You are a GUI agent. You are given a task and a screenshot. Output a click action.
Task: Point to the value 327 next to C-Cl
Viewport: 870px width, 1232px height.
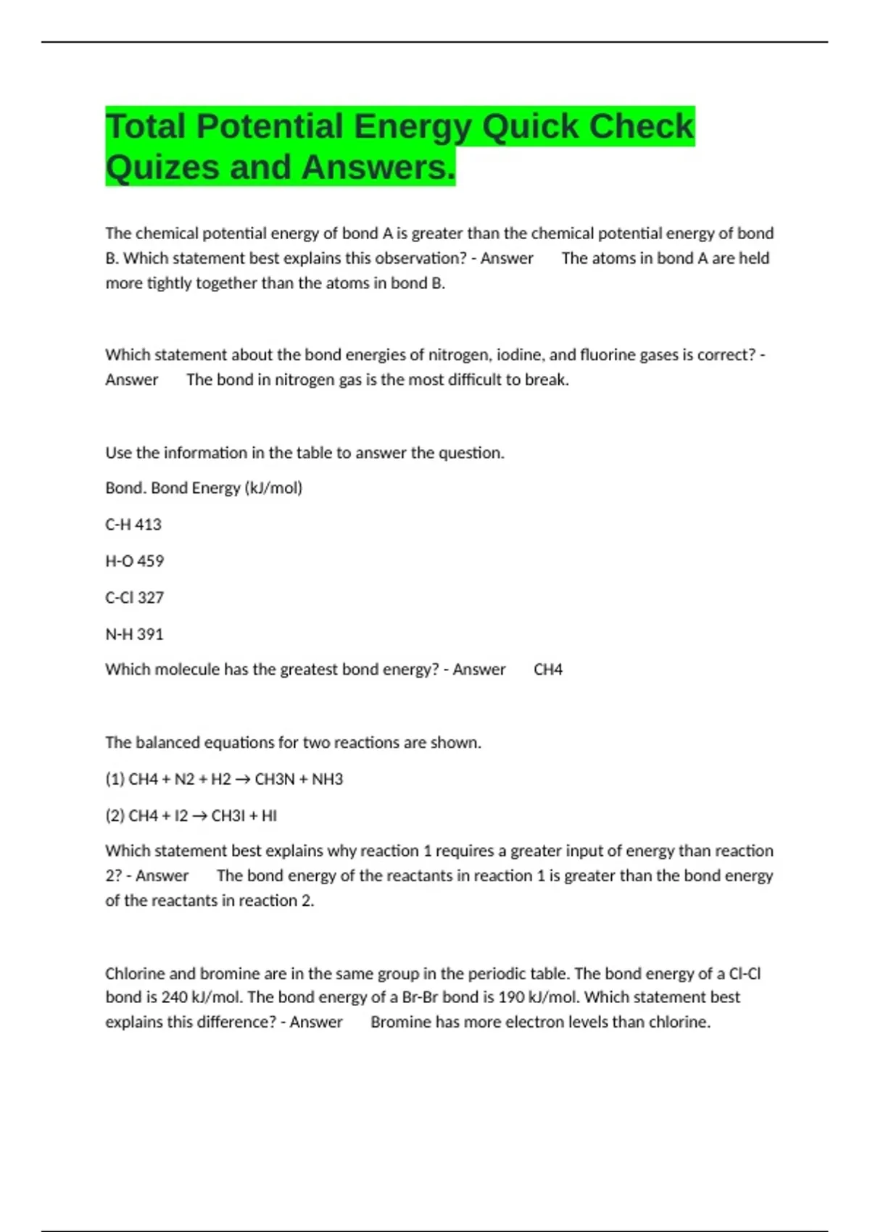coord(150,598)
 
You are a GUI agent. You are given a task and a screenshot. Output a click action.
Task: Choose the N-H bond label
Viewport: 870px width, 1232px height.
coord(119,634)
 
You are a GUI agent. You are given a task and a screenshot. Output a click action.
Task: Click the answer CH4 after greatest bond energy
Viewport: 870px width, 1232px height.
coord(548,670)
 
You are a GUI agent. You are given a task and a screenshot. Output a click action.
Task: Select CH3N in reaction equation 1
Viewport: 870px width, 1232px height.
coord(275,779)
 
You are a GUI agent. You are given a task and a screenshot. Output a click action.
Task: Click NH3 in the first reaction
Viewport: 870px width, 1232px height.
coord(327,779)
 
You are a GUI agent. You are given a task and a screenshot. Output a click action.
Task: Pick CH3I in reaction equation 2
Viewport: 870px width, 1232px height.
coord(228,816)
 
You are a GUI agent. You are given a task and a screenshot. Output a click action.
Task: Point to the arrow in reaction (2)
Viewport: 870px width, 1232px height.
coord(199,816)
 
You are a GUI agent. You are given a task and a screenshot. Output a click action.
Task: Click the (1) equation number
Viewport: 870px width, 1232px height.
coord(115,779)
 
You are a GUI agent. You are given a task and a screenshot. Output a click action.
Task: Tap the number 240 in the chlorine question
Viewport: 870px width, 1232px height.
coord(175,997)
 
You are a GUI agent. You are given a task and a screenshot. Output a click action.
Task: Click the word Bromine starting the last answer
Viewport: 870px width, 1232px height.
coord(399,1022)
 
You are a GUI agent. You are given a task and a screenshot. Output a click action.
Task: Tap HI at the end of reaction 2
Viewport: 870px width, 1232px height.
coord(269,816)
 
